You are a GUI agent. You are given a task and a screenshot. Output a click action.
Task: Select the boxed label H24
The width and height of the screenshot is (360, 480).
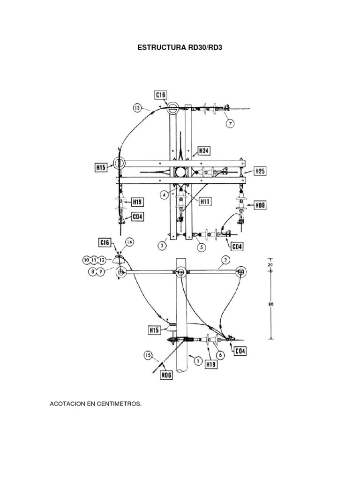pos(203,151)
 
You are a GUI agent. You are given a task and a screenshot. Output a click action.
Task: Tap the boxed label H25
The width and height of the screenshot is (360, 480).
pos(260,171)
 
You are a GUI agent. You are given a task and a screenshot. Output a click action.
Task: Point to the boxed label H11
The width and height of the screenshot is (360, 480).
pos(205,202)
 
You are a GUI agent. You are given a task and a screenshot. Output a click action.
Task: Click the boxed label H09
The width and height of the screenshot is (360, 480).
pos(260,204)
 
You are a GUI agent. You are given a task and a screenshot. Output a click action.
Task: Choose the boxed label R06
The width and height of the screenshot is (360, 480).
pos(166,375)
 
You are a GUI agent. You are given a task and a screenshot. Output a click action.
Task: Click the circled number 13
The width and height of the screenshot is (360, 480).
pos(137,108)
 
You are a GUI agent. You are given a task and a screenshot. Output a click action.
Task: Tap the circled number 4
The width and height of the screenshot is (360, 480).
pos(165,195)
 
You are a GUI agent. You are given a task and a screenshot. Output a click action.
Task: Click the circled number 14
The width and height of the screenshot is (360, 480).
pos(129,242)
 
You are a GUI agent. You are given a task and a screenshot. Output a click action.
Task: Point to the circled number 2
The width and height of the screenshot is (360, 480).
pos(225,259)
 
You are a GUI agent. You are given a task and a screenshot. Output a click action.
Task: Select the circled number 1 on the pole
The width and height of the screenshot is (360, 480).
pos(197,360)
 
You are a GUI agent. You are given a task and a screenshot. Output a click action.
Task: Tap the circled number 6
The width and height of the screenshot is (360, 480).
pos(220,355)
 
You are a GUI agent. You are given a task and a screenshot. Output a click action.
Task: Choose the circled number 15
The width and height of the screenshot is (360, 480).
pos(149,356)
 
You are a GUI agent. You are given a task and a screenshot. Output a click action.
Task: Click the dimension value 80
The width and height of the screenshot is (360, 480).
pos(270,304)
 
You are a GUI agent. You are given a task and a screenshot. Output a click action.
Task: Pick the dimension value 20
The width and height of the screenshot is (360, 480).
pos(270,264)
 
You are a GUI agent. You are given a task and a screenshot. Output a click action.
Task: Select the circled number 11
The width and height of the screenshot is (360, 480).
pos(94,259)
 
